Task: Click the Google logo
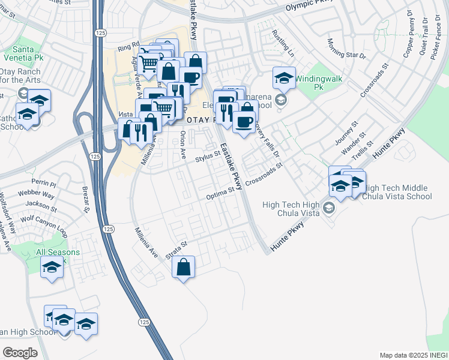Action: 20,353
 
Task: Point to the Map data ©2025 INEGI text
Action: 413,355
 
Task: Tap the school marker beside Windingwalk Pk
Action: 284,77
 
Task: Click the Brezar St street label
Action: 85,199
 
